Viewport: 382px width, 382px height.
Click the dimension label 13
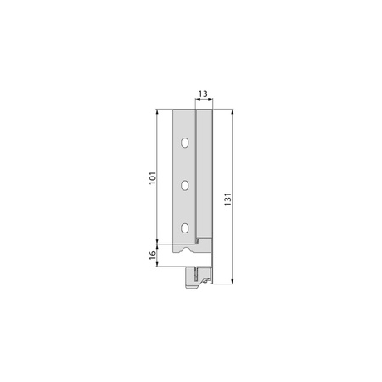[x=203, y=93]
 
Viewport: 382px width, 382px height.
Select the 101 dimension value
[x=153, y=178]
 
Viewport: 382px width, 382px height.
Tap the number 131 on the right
[x=228, y=199]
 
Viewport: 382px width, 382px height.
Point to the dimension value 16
[x=153, y=254]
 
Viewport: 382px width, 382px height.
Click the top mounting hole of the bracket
[x=185, y=143]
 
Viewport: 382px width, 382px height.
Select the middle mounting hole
[x=185, y=185]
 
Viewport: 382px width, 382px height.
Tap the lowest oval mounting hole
[x=185, y=228]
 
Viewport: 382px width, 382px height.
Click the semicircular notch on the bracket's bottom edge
[x=187, y=250]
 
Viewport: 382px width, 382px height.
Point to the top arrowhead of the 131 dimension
[x=233, y=112]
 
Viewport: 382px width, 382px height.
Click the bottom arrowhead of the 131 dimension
[x=233, y=281]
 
